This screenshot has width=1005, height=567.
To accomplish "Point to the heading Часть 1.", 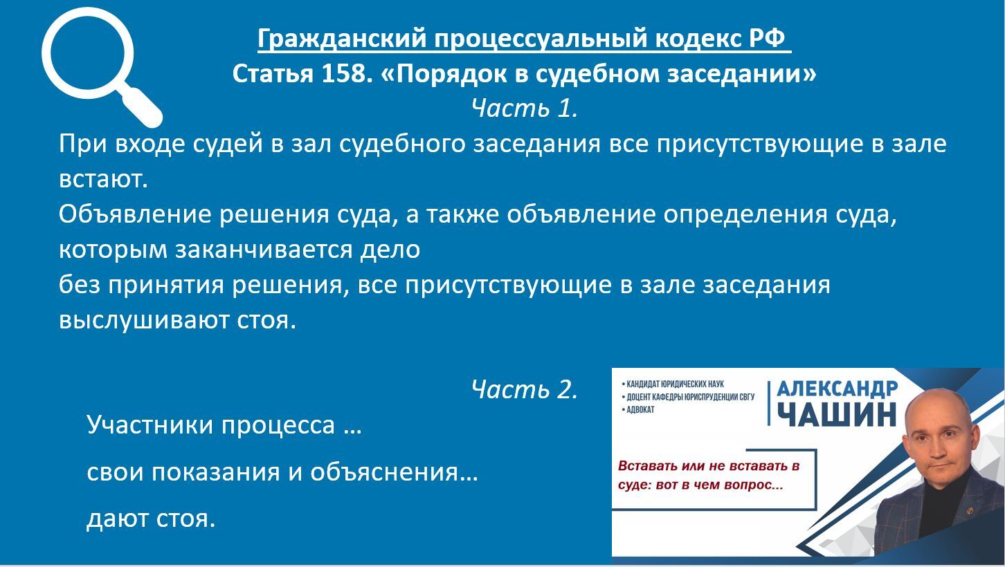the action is tap(524, 109).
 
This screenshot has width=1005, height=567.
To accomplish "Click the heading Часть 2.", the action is tap(524, 389).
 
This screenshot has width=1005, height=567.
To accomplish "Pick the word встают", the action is tap(103, 179).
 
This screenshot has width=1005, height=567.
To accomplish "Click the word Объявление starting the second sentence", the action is tap(134, 214).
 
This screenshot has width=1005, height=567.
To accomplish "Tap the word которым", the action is tap(113, 250).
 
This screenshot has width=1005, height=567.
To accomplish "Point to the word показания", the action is tap(216, 472).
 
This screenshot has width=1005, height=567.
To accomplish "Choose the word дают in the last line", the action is tap(117, 519).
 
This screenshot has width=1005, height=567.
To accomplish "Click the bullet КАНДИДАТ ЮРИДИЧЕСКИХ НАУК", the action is tap(673, 384).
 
